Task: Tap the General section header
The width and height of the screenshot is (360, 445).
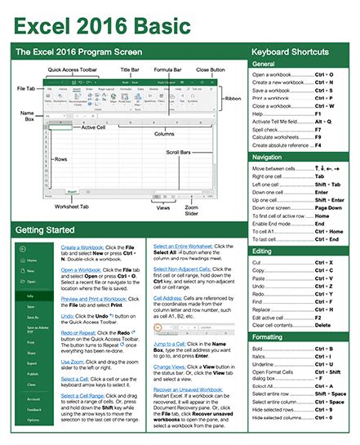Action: coord(264,64)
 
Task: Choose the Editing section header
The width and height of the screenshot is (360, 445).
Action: coord(263,251)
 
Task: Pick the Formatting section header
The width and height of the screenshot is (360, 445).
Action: coord(269,336)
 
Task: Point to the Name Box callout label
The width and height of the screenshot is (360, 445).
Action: coord(26,118)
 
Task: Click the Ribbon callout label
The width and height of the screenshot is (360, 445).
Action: coord(233,98)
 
